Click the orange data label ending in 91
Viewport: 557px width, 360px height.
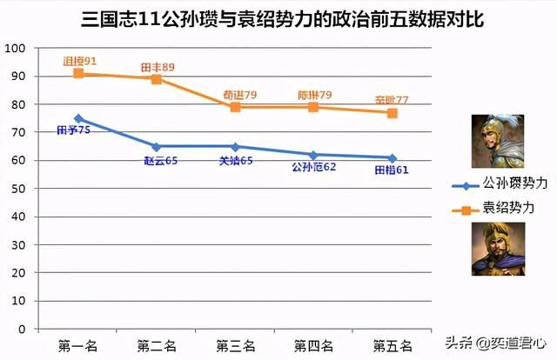tap(79, 62)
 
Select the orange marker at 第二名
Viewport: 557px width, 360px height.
tap(157, 79)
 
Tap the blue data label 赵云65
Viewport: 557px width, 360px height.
tap(161, 160)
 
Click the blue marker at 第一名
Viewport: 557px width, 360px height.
tap(78, 118)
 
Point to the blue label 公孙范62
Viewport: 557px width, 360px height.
tap(313, 166)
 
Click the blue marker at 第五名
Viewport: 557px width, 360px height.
tap(393, 157)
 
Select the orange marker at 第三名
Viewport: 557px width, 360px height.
tap(235, 107)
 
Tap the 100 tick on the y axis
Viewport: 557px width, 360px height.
tap(15, 48)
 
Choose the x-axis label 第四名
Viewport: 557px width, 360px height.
tap(313, 345)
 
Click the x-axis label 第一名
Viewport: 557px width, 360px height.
tap(78, 345)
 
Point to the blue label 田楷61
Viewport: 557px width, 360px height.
tap(391, 170)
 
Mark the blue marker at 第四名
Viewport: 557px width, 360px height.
tap(313, 155)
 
